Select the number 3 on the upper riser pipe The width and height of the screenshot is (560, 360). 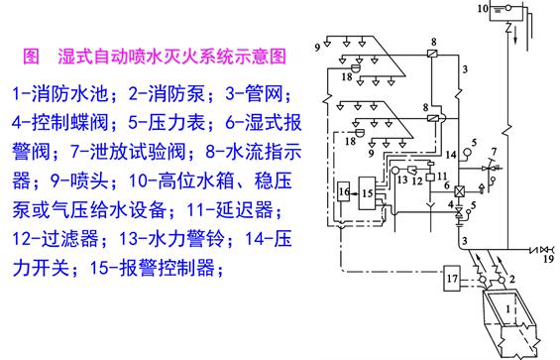464,67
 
